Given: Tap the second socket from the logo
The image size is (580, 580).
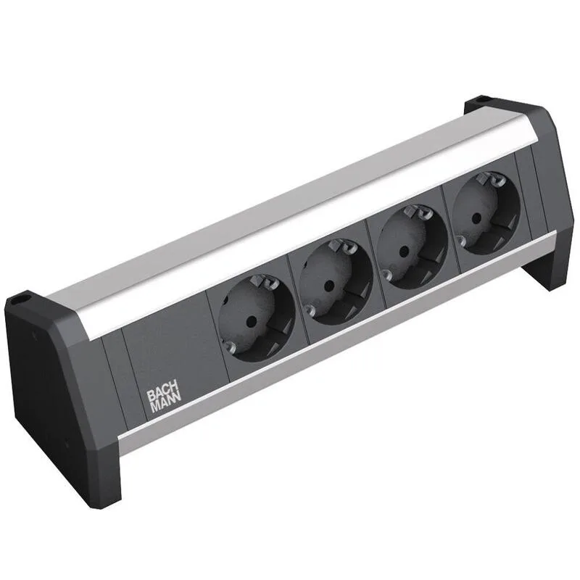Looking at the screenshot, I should pyautogui.click(x=335, y=278).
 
